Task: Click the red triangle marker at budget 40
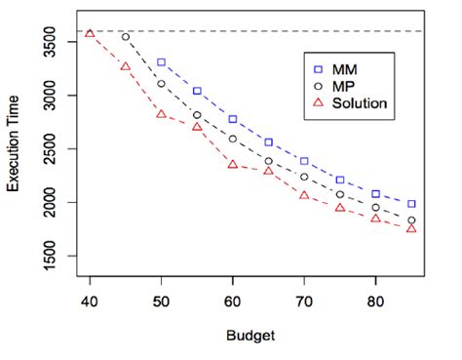[x=90, y=33]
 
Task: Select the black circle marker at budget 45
[x=126, y=37]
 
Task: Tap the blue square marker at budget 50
[x=161, y=62]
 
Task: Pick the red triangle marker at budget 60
[x=233, y=164]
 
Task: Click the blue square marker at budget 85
[x=411, y=204]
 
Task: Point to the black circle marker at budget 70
[x=304, y=177]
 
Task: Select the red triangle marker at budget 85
[x=411, y=227]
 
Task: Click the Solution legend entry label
[x=360, y=102]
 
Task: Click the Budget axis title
[x=250, y=336]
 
